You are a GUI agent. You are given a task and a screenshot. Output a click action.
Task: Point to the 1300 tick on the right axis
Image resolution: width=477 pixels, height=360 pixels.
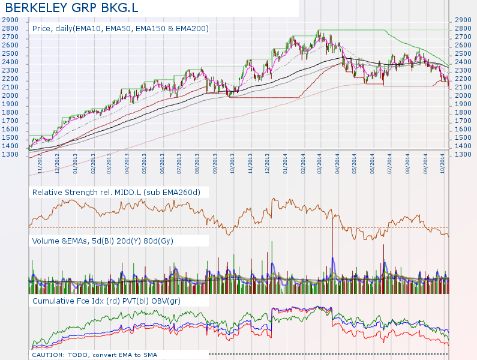click(x=464, y=155)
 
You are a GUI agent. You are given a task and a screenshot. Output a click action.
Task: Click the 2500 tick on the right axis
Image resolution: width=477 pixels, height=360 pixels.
click(x=464, y=53)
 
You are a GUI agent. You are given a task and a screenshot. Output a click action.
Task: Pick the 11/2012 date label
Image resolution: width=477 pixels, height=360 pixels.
click(x=40, y=165)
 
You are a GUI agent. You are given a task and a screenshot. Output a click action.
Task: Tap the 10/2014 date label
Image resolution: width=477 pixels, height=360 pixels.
click(x=442, y=165)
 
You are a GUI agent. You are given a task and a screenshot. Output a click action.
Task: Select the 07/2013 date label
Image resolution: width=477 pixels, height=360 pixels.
click(x=179, y=165)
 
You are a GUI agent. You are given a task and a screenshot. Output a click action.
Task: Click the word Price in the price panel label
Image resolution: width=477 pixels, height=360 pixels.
click(x=41, y=28)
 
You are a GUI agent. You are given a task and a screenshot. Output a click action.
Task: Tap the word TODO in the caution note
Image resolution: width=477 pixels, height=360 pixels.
click(x=85, y=355)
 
